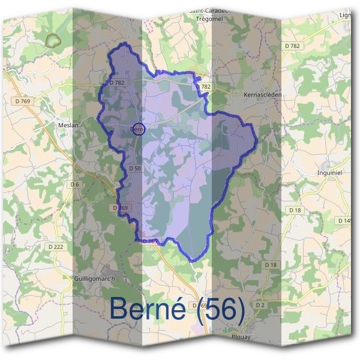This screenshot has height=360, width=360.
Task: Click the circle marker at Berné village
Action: tap(137, 129)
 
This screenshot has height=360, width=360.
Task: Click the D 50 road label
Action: tap(134, 169)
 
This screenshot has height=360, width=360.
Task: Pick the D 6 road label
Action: tap(74, 184)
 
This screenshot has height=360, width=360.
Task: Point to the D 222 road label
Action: tap(55, 246)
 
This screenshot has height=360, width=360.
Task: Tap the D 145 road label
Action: tap(346, 221)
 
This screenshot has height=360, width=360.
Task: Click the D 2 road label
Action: tap(260, 305)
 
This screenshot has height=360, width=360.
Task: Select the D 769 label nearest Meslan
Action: tap(22, 101)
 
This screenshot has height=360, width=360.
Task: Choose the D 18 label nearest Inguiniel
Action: tap(295, 210)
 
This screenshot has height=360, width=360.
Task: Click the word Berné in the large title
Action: tap(151, 310)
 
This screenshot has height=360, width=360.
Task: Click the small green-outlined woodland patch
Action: tap(54, 40)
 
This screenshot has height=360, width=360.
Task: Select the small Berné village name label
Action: tap(139, 129)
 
